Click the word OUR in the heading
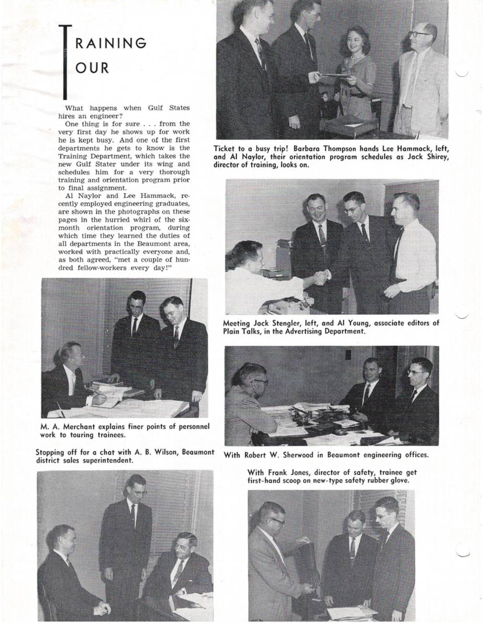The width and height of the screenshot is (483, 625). pyautogui.click(x=92, y=68)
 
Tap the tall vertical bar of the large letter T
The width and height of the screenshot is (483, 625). pyautogui.click(x=64, y=63)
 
